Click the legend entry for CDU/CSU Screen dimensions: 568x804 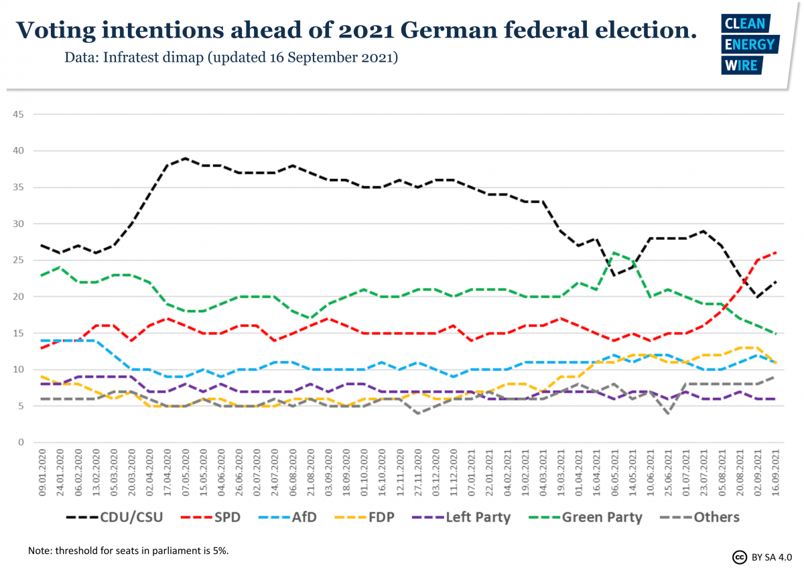click(115, 517)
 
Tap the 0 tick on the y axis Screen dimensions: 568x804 click(21, 443)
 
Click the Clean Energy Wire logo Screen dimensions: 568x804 click(749, 44)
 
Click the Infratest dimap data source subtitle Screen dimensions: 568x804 click(231, 58)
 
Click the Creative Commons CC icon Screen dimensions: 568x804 click(739, 557)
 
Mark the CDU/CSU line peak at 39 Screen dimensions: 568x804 click(186, 158)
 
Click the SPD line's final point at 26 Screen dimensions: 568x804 click(775, 253)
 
